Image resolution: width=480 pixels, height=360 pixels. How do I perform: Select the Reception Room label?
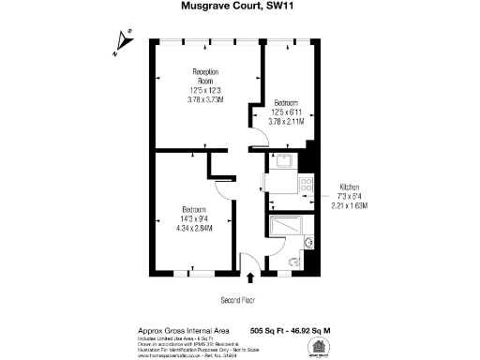coord(205,77)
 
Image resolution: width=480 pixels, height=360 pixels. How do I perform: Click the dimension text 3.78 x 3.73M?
coord(205,98)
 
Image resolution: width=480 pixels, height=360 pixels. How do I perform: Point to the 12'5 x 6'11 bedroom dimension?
coord(286,111)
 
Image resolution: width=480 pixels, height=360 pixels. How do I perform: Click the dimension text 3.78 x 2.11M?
coord(286,120)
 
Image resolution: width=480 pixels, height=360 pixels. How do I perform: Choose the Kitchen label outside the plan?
coord(349,187)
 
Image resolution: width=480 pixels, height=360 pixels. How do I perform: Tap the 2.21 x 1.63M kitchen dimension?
coord(349,205)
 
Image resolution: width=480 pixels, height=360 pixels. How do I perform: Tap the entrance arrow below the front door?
coord(250,277)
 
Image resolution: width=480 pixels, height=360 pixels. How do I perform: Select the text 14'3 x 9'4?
coord(195,217)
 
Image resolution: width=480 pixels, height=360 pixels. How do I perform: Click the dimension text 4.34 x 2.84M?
coord(195,227)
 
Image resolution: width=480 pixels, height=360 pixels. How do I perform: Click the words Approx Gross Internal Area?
coord(170,331)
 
